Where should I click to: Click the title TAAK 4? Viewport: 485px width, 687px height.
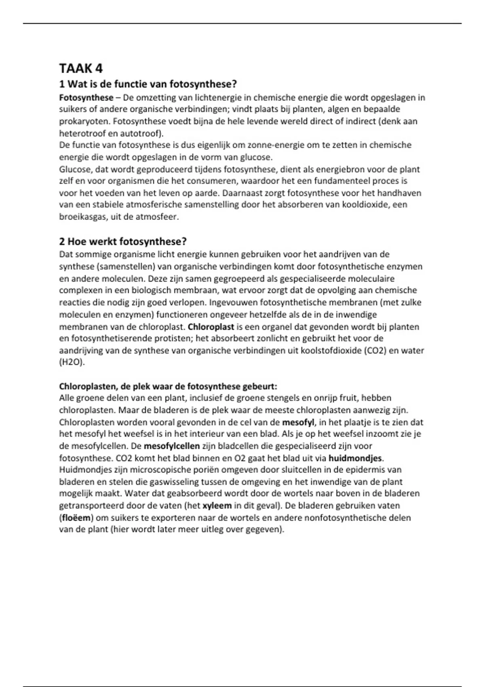[81, 68]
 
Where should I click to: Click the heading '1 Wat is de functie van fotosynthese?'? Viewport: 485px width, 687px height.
[148, 84]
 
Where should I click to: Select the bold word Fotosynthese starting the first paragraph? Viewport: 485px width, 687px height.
[86, 98]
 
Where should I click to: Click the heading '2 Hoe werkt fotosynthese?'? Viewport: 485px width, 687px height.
[123, 242]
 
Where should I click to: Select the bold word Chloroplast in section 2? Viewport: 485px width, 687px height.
[211, 327]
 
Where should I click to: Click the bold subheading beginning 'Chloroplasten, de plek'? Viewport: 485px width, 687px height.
[168, 386]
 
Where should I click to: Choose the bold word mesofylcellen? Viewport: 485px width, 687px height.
[171, 446]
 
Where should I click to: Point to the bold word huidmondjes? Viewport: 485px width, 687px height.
[355, 458]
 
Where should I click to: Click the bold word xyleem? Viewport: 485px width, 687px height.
[217, 506]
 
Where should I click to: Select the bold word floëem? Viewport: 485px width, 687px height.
[76, 518]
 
